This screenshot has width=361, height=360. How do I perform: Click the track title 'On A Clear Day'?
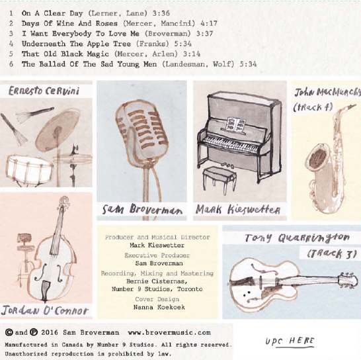52,13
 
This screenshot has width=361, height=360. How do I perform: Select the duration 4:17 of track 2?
208,24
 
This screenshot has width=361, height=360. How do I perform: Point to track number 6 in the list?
11,64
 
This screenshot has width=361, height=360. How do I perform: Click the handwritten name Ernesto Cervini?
44,91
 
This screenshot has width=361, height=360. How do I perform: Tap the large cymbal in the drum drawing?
58,130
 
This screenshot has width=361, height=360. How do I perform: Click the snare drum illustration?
29,168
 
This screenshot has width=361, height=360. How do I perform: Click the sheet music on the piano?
236,124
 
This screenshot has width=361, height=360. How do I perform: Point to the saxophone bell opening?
318,157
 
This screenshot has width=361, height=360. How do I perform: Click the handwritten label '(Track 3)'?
332,253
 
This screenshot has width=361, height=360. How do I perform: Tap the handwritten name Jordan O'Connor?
45,310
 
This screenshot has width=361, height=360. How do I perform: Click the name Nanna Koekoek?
159,307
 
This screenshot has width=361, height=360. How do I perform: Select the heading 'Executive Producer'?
157,255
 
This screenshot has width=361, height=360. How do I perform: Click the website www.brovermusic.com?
169,333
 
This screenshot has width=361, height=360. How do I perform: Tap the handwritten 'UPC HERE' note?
290,341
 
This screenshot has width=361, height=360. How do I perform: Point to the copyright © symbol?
9,332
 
